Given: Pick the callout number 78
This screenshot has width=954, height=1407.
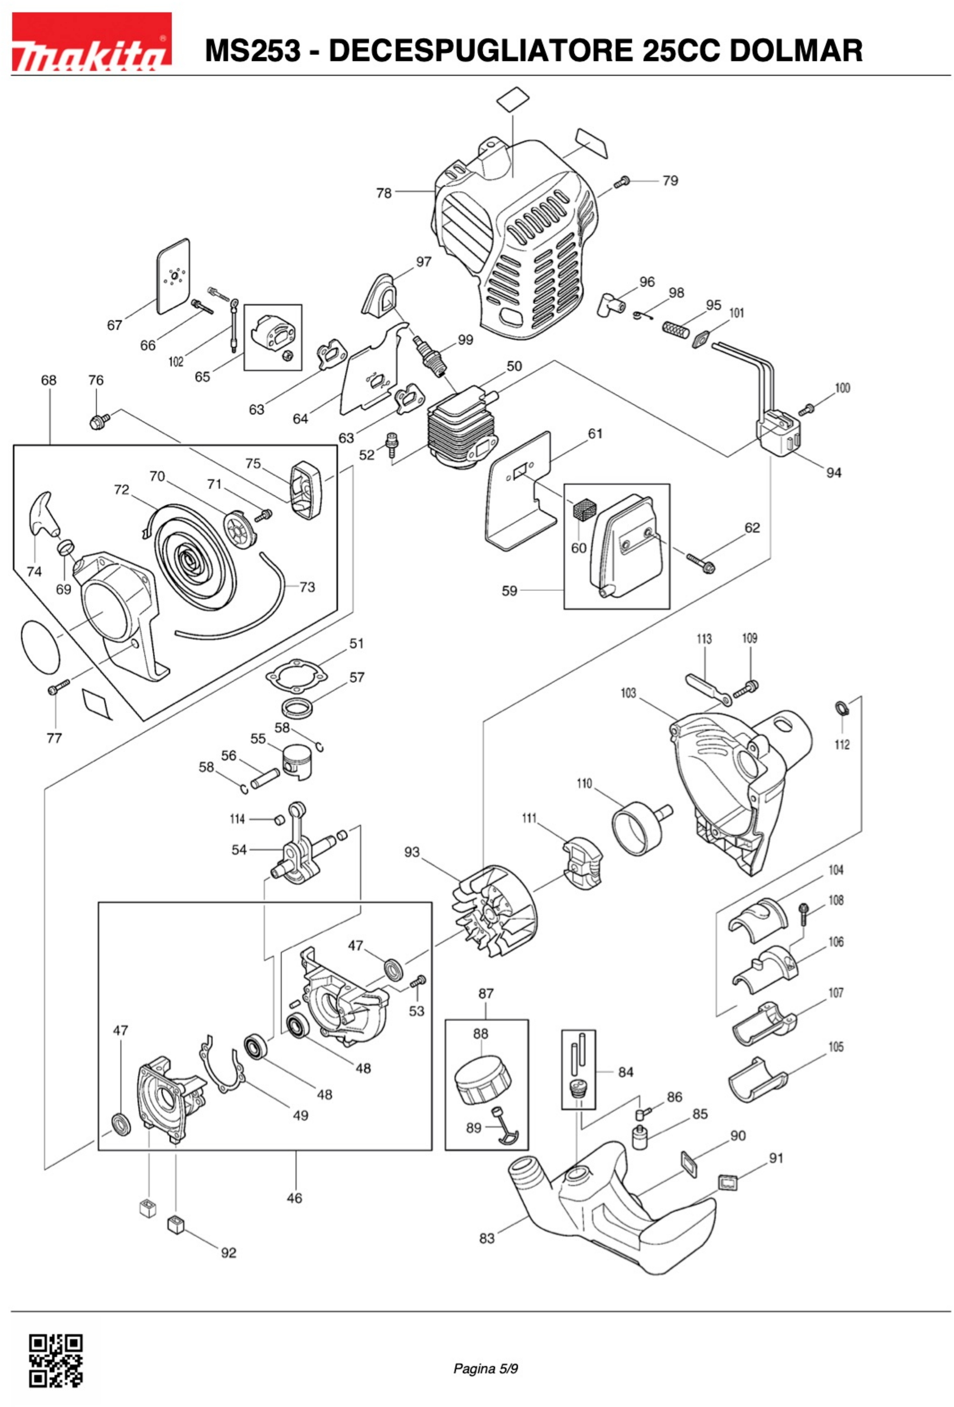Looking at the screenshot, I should [384, 193].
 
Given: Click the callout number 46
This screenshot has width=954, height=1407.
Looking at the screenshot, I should [294, 1198].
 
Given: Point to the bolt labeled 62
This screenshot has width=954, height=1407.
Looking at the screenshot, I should [700, 562].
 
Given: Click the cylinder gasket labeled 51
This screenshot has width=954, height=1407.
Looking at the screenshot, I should [292, 675].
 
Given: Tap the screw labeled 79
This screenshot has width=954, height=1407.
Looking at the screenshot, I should [622, 182].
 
